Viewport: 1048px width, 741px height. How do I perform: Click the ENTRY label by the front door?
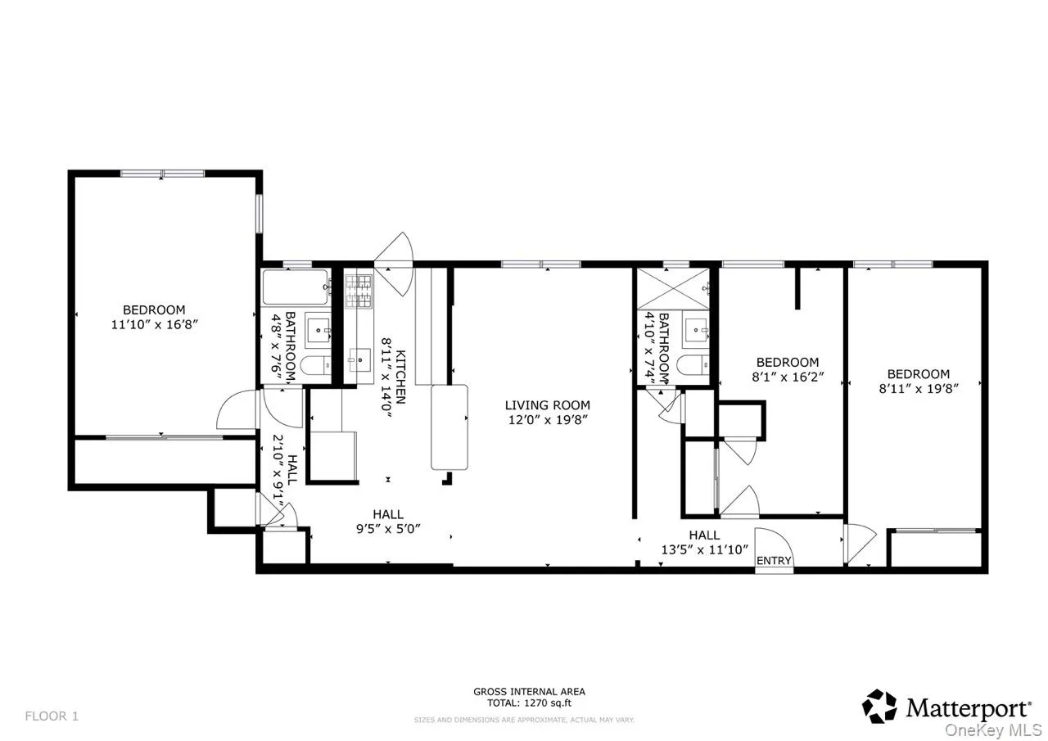[x=774, y=561]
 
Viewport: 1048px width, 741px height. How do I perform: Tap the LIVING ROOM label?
[x=547, y=405]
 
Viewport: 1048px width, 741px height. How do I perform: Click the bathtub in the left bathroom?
[x=295, y=287]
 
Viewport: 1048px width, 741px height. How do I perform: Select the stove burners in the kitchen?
[x=358, y=291]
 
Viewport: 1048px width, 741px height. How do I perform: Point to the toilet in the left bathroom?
[x=312, y=365]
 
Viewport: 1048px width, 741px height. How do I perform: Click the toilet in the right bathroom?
[x=693, y=365]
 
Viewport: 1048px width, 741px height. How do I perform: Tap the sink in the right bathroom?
[x=697, y=330]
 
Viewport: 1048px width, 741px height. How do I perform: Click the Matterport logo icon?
[x=880, y=706]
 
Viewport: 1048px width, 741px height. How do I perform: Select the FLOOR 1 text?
[x=52, y=716]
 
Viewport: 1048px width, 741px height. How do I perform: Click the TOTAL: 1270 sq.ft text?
[x=529, y=703]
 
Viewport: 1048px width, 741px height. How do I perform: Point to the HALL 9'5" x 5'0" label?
[x=388, y=521]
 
